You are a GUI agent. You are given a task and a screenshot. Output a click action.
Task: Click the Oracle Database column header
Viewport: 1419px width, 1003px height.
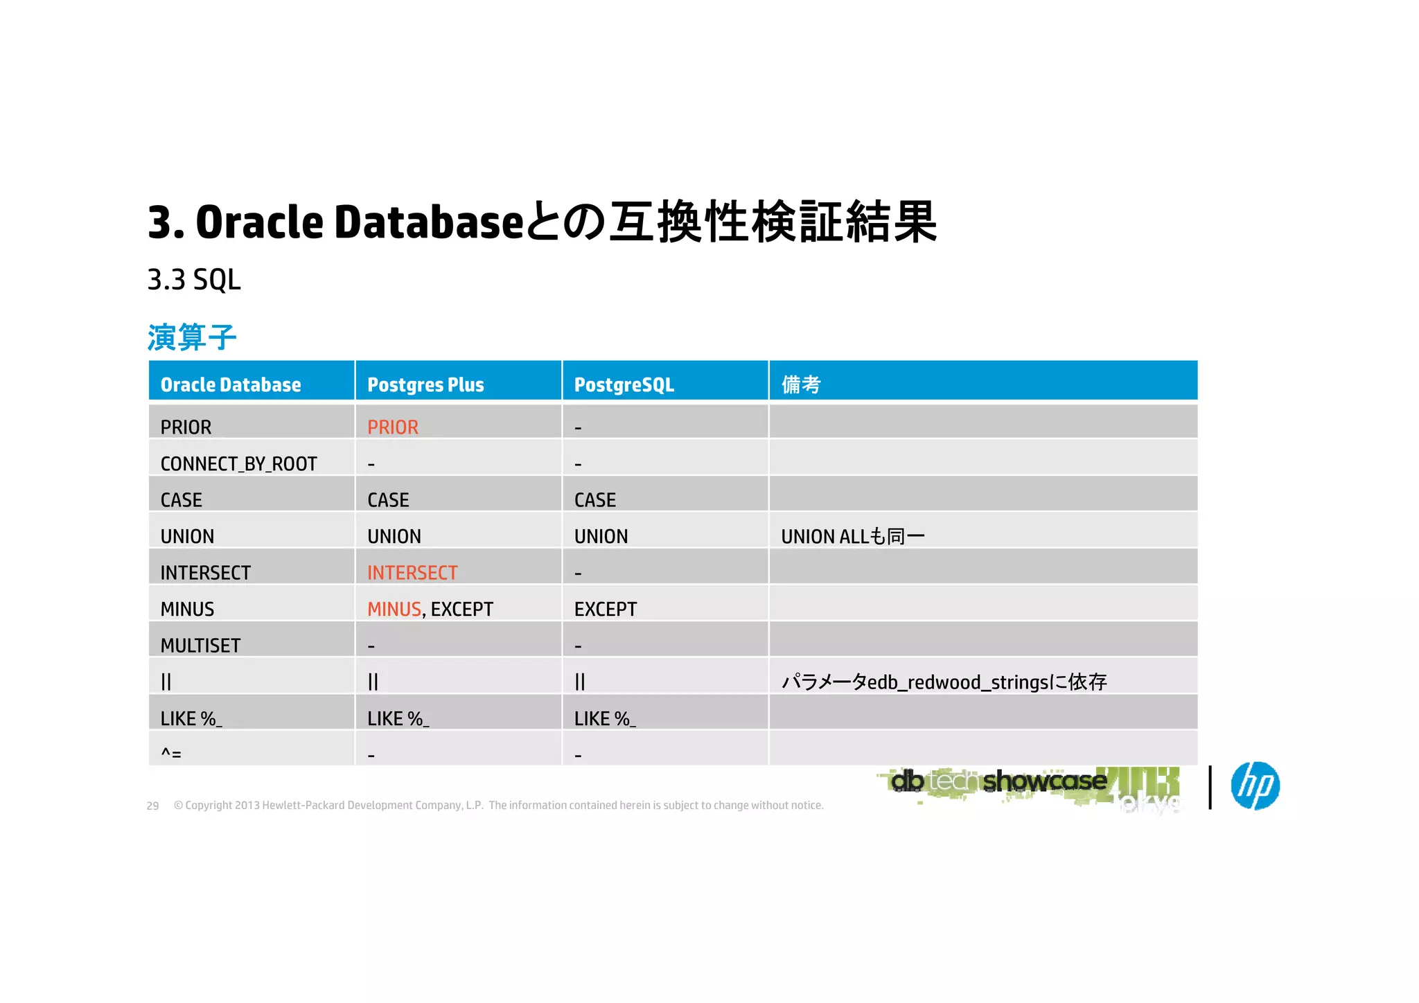tap(231, 384)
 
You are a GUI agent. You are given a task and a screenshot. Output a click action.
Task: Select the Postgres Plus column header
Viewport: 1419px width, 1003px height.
tap(425, 384)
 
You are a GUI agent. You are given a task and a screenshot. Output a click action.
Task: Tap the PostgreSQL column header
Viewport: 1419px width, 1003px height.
tap(624, 384)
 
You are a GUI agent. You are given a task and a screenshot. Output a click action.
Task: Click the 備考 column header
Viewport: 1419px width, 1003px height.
tap(801, 384)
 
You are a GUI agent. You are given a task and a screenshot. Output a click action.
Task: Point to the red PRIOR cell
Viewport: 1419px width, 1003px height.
tap(393, 427)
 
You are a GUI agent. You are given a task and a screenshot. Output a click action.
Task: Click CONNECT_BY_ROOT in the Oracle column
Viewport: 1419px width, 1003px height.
tap(238, 463)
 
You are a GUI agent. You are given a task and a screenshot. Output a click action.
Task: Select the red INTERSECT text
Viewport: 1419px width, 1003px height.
tap(412, 573)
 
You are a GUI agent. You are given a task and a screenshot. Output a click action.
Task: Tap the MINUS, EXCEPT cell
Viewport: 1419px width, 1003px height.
tap(430, 609)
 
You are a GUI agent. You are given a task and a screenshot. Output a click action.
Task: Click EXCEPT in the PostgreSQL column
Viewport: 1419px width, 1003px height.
tap(605, 609)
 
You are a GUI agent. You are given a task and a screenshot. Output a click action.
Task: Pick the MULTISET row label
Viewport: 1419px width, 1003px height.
tap(200, 646)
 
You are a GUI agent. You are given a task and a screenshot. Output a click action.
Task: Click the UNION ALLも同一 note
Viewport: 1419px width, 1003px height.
tap(852, 536)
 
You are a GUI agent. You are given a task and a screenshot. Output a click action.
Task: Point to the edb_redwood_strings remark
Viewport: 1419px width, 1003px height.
tap(944, 682)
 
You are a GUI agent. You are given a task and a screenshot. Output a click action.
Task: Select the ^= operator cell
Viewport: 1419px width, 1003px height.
tap(171, 753)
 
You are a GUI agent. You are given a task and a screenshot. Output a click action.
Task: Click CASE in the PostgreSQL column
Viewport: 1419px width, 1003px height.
tap(595, 500)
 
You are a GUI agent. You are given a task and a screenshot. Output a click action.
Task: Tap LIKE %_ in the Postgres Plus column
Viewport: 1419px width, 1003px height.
tap(398, 718)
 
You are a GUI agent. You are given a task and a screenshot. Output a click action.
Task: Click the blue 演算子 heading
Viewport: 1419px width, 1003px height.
tap(192, 337)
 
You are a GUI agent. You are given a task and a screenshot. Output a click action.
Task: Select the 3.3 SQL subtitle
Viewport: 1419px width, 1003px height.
tap(194, 280)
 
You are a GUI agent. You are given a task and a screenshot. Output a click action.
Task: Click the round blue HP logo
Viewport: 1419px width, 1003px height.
tap(1255, 785)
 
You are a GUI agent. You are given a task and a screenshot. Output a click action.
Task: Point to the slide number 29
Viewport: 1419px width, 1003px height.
tap(152, 806)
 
